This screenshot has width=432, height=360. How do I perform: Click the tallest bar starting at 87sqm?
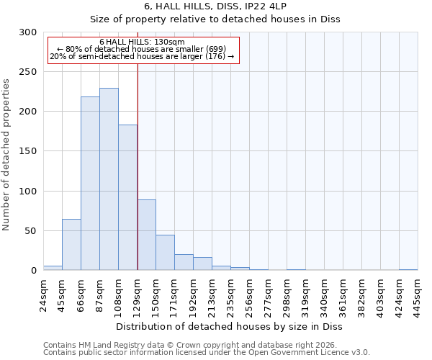coord(109,179)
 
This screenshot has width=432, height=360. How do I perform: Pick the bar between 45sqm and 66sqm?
coord(71,245)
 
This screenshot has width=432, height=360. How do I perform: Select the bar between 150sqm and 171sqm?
coord(165,253)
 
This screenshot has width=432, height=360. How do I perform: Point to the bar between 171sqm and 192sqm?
coord(184,262)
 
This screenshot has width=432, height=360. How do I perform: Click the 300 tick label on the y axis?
coord(28,32)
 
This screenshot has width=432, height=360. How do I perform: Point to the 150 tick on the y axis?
coord(28,151)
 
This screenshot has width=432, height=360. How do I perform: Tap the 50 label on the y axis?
coord(31,231)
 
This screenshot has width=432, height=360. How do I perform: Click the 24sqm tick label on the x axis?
coord(44,294)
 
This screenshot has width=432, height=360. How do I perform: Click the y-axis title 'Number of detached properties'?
coord(7,155)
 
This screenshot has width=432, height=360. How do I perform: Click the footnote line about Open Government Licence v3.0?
coord(207,353)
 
